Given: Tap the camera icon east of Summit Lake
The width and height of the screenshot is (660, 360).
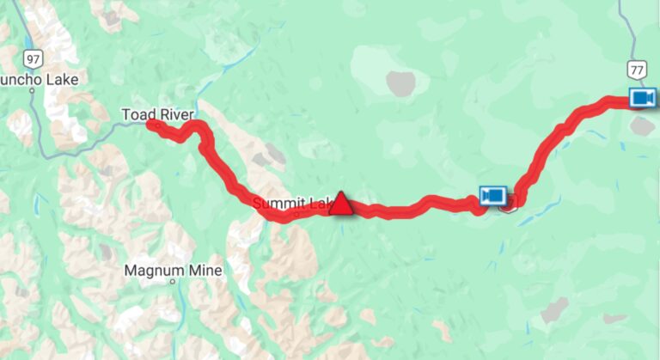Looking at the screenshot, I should point(492,197).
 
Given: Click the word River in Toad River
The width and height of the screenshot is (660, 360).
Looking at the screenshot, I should point(176,114).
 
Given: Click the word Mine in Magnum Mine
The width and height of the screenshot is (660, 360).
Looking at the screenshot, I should point(205,271).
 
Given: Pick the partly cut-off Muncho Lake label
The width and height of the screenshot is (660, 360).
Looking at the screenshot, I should point(40,80).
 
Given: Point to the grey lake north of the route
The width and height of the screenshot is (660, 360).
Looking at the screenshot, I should point(400,82).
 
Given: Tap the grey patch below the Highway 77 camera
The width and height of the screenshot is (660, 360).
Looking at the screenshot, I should point(642,125).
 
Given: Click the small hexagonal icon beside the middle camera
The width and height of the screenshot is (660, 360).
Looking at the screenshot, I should point(508,203).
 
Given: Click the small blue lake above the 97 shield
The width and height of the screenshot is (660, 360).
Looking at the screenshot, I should point(30,40).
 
